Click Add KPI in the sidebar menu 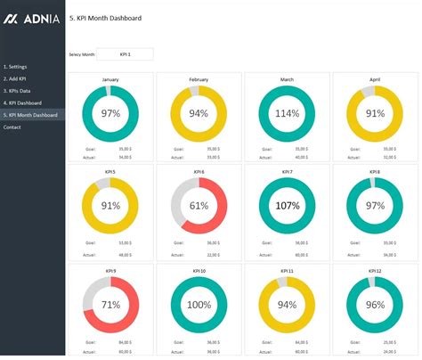tap(17, 79)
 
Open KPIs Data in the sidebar tap(18, 91)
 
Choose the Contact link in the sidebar tap(12, 127)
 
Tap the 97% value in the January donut tap(110, 114)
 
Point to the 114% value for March tap(288, 114)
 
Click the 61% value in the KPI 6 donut tap(199, 206)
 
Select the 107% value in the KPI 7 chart tap(288, 206)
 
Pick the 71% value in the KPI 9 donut tap(110, 304)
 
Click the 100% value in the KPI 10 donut tap(199, 304)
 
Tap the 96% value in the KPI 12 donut tap(374, 304)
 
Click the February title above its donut tap(199, 79)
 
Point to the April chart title tap(374, 79)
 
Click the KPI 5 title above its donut tap(110, 171)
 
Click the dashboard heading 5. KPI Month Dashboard tap(105, 18)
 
